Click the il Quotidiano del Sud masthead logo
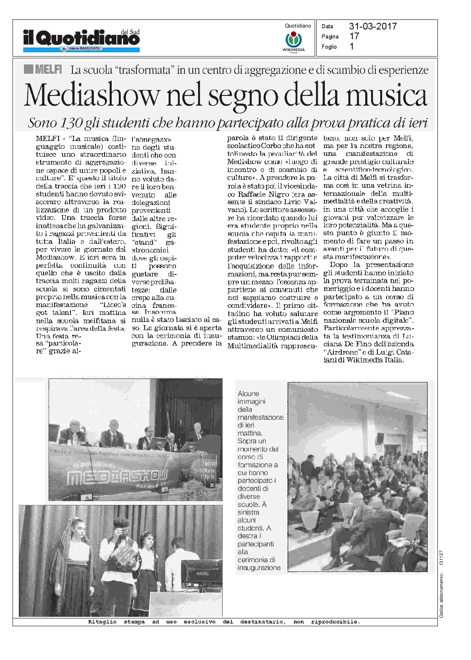pyautogui.click(x=81, y=38)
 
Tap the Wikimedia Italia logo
pyautogui.click(x=293, y=41)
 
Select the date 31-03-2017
pyautogui.click(x=373, y=26)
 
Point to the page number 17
pyautogui.click(x=354, y=36)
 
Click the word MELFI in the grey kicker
pyautogui.click(x=48, y=70)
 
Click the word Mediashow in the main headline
pyautogui.click(x=92, y=95)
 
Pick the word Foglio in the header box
pyautogui.click(x=329, y=47)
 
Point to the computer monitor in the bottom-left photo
pyautogui.click(x=201, y=574)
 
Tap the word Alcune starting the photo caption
pyautogui.click(x=248, y=393)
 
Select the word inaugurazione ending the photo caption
pyautogui.click(x=259, y=568)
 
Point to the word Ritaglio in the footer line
pyautogui.click(x=102, y=622)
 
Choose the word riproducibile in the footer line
pyautogui.click(x=335, y=622)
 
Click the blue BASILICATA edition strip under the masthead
pyautogui.click(x=81, y=49)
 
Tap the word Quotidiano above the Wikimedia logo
pyautogui.click(x=298, y=26)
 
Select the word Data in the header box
pyautogui.click(x=327, y=26)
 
